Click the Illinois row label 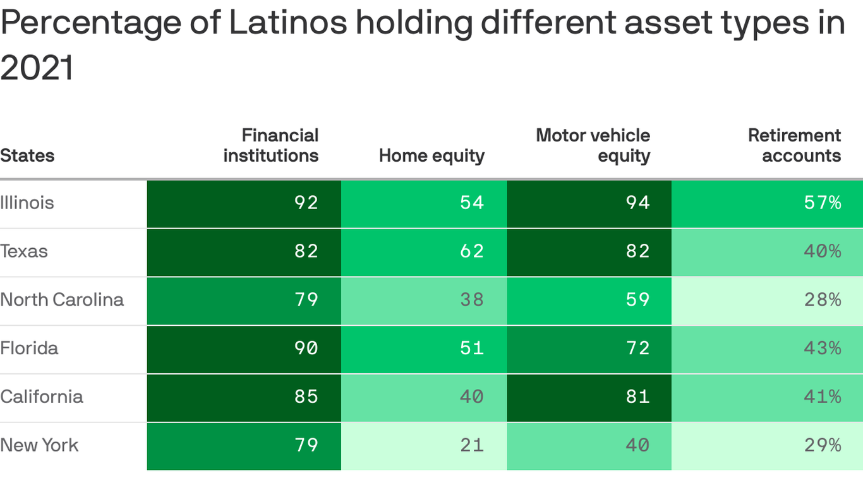27,203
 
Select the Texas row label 24,251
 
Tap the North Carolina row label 62,299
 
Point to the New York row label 39,445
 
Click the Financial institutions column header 271,145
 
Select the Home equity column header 431,155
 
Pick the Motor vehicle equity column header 593,145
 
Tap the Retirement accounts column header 794,145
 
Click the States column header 27,155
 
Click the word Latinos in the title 287,23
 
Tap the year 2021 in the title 37,68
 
